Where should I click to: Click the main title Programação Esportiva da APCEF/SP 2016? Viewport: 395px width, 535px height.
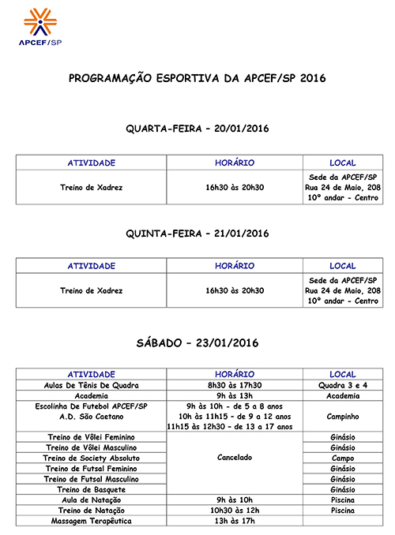(x=197, y=79)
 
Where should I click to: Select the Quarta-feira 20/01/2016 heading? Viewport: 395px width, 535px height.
(x=197, y=128)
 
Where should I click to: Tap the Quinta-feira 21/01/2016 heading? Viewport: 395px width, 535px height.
(x=197, y=234)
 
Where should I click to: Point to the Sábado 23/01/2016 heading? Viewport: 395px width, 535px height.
(x=197, y=343)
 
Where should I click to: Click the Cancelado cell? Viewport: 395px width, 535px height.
(x=235, y=458)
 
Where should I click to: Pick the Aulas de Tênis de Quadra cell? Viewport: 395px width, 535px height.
(x=92, y=385)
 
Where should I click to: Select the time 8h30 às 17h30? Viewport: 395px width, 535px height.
(x=235, y=385)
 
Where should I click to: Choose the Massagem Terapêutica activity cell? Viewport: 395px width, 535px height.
(x=92, y=522)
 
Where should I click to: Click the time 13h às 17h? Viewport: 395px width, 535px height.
(x=235, y=522)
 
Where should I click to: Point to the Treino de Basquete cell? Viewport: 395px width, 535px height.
(x=92, y=489)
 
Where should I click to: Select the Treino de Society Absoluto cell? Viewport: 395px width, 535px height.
(x=92, y=458)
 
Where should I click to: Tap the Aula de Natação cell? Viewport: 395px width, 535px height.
(x=92, y=499)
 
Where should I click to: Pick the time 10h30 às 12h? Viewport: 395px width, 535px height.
(x=235, y=511)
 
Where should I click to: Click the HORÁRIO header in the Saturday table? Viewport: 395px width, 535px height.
(x=235, y=373)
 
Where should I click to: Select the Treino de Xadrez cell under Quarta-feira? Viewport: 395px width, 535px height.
(x=92, y=188)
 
